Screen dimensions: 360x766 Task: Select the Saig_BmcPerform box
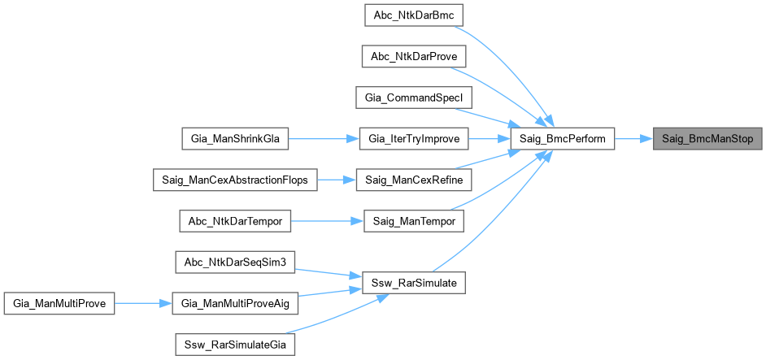pyautogui.click(x=562, y=139)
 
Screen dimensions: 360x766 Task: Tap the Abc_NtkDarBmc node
pyautogui.click(x=412, y=15)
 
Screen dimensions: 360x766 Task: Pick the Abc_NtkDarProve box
pyautogui.click(x=412, y=57)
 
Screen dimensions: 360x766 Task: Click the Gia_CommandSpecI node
pyautogui.click(x=412, y=98)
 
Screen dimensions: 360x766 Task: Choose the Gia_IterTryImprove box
pyautogui.click(x=412, y=139)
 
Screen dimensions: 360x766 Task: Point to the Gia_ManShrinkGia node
pyautogui.click(x=235, y=139)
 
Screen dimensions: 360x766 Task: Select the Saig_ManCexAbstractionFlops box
pyautogui.click(x=235, y=180)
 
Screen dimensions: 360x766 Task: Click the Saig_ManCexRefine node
pyautogui.click(x=412, y=180)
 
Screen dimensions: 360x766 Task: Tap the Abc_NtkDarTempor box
pyautogui.click(x=235, y=221)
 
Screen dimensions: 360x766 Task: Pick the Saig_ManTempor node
pyautogui.click(x=412, y=221)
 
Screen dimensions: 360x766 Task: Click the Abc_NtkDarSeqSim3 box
pyautogui.click(x=235, y=262)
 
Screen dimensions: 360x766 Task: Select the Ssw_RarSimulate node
pyautogui.click(x=412, y=283)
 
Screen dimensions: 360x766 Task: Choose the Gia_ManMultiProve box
pyautogui.click(x=59, y=304)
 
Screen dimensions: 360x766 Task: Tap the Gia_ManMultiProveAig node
pyautogui.click(x=235, y=304)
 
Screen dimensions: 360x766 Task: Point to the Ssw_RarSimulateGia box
pyautogui.click(x=235, y=345)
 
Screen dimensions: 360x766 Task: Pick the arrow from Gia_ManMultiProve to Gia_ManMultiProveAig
pyautogui.click(x=143, y=304)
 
